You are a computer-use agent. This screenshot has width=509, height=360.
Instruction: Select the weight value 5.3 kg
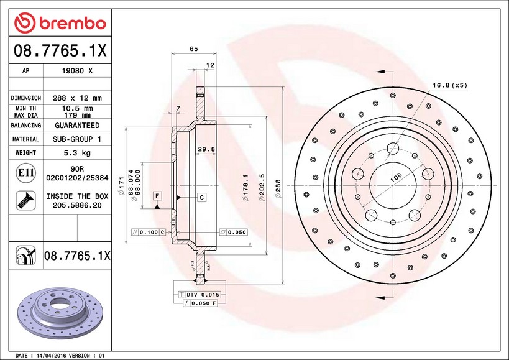click(x=77, y=153)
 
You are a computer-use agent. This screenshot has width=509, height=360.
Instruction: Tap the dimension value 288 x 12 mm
click(x=77, y=98)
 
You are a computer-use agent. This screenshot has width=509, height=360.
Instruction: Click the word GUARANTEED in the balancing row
click(x=77, y=126)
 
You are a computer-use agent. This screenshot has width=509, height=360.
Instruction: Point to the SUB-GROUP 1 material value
click(x=77, y=139)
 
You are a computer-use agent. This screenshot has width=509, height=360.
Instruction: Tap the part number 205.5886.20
click(x=77, y=205)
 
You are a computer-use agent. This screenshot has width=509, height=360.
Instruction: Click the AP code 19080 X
click(x=77, y=71)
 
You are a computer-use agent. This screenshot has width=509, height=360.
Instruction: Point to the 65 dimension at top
click(x=193, y=48)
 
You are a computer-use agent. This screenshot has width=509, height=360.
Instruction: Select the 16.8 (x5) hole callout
click(x=449, y=85)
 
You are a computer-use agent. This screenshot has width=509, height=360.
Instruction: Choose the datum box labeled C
click(x=202, y=198)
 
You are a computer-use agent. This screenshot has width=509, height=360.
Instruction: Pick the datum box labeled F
click(x=157, y=196)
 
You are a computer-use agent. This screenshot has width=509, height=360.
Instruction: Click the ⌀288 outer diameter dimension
click(x=278, y=184)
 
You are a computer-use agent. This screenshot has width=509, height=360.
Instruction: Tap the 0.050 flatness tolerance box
click(x=232, y=232)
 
